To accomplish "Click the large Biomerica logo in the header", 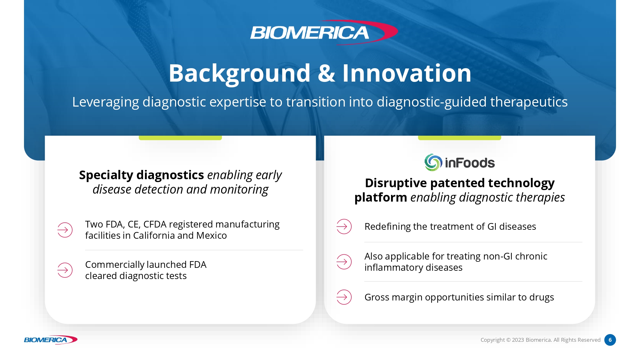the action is point(324,32).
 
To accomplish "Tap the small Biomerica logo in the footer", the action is point(51,340).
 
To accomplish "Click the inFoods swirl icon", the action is point(433,162).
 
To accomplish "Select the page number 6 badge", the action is point(610,340).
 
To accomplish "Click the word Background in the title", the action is point(239,74).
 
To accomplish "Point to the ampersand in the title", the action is point(326,73).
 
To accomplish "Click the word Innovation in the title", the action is point(407,73).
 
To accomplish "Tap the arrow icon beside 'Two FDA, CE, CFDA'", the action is point(65,230).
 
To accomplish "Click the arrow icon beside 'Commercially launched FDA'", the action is point(65,270).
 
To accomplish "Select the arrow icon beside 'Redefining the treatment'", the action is point(344,227).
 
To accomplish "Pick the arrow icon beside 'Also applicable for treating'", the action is point(344,262).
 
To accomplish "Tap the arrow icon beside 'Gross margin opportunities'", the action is point(344,297).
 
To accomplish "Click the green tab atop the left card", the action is point(180,138).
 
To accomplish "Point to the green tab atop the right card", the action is point(460,138).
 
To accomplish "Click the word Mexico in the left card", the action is point(212,236).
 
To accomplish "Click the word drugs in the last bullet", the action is point(541,298).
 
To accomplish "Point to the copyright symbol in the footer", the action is point(508,340).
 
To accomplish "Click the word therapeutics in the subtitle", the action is point(529,102).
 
